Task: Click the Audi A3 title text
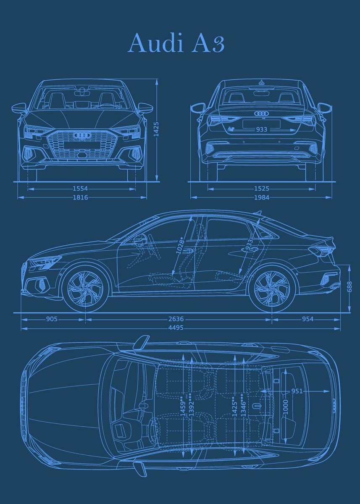tap(176, 43)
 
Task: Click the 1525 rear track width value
tap(261, 189)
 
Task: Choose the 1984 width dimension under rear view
tap(261, 197)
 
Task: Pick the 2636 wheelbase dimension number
tap(176, 319)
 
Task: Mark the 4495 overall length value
tap(176, 328)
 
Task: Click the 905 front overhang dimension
tap(52, 319)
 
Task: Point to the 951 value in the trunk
tap(297, 391)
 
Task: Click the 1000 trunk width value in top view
tap(286, 407)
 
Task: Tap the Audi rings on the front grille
tap(82, 135)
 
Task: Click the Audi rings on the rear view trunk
tap(261, 114)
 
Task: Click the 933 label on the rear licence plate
tap(261, 129)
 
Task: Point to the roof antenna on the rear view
tap(261, 82)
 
